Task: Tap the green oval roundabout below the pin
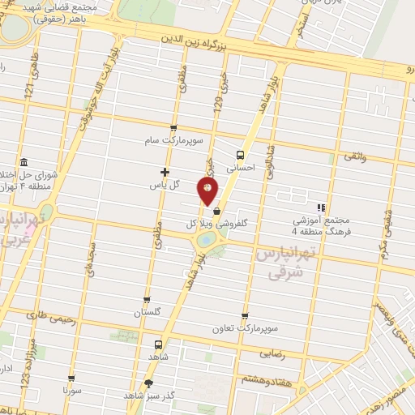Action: click(206, 239)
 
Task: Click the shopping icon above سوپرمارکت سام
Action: click(173, 128)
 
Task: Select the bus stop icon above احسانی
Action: click(240, 154)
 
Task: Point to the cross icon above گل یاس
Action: click(165, 171)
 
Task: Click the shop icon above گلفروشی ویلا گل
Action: click(216, 211)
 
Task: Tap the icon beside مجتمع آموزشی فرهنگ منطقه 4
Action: click(321, 207)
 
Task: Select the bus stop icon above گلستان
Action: click(147, 299)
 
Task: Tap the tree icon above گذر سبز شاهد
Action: click(148, 383)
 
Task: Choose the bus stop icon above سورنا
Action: click(73, 378)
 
